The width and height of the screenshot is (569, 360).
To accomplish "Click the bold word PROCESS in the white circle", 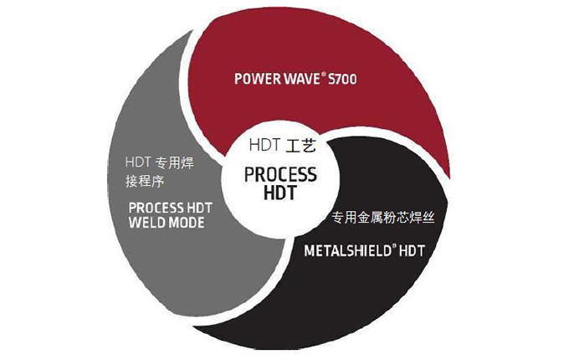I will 279,176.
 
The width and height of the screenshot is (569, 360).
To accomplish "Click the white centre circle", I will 279,209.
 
